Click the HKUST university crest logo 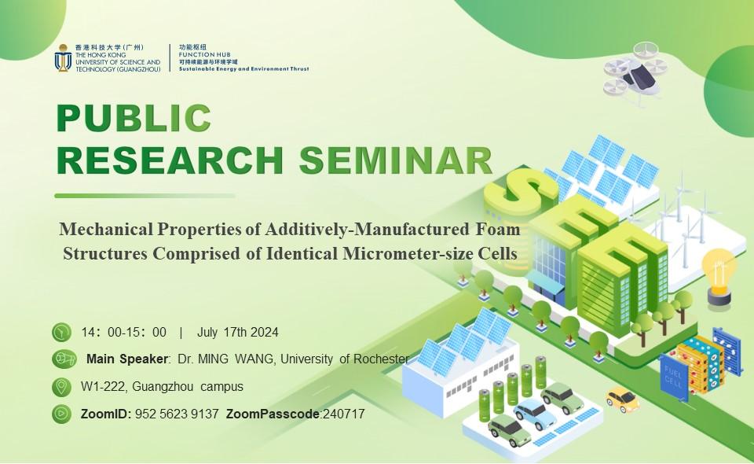click(63, 58)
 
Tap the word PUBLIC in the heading click(134, 118)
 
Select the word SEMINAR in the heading click(396, 160)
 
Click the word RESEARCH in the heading click(170, 160)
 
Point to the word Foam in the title click(498, 229)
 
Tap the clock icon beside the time click(61, 332)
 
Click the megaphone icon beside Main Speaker click(64, 359)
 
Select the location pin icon click(61, 386)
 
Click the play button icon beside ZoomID click(61, 414)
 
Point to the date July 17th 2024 click(237, 332)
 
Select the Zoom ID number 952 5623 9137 click(177, 414)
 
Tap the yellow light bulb click(719, 276)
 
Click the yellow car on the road click(622, 400)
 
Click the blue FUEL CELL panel click(674, 377)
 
